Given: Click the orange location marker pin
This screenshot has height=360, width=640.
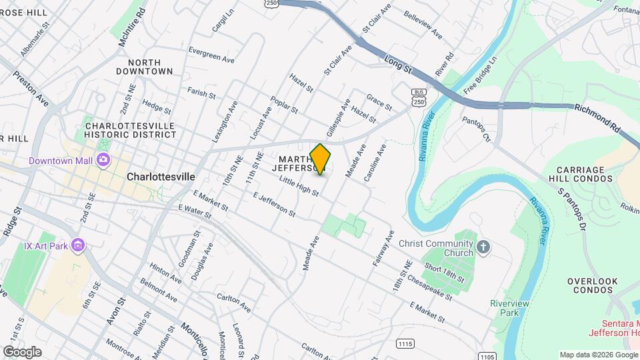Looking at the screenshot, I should coord(321,159).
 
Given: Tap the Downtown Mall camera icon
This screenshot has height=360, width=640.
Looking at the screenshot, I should coord(103,160).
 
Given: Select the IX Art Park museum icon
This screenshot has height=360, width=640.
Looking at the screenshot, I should coord(79,246).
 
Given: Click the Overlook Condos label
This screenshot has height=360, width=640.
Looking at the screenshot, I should coord(593,286).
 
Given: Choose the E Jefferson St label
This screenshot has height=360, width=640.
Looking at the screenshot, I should coord(274,204).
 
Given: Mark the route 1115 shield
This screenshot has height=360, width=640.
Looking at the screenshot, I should coord(405,343).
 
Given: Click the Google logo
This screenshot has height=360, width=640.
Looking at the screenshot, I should coord(22,351).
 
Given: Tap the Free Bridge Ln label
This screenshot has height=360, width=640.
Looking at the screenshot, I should coord(481,74).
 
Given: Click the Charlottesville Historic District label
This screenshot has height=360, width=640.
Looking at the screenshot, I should coord(131,130).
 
